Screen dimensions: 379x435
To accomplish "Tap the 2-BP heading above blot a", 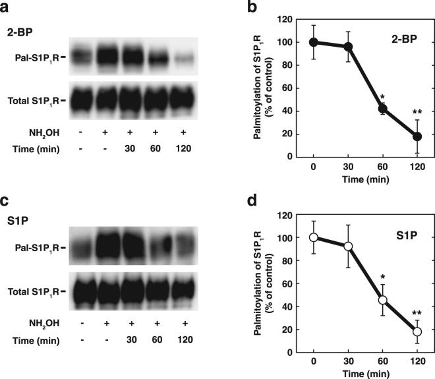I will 18,31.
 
